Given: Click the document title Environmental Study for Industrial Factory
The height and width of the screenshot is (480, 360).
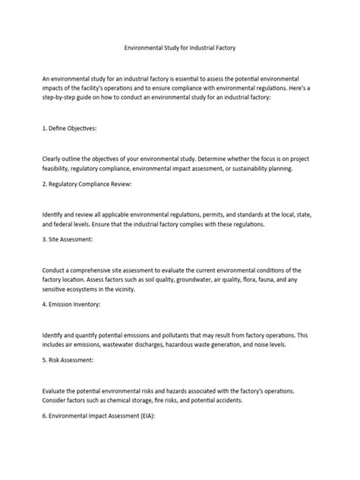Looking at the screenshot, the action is click(x=180, y=47).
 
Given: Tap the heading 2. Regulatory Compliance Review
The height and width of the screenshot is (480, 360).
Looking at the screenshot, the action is click(x=87, y=185).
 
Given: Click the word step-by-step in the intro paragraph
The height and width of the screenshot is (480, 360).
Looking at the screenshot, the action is click(x=61, y=98).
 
